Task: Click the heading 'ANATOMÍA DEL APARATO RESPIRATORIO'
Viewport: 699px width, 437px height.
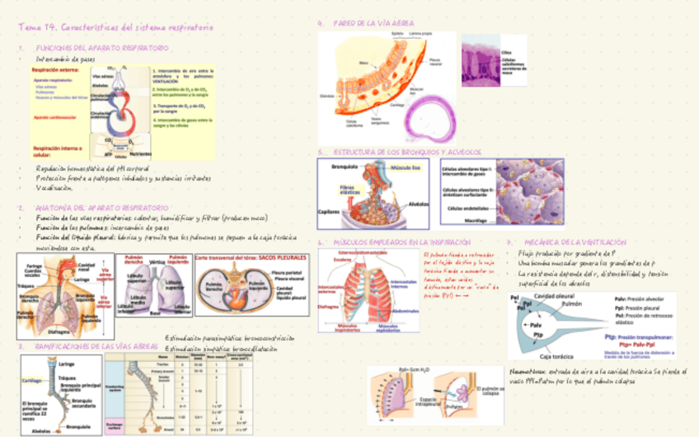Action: pyautogui.click(x=102, y=208)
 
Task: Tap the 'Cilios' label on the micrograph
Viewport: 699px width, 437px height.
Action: pyautogui.click(x=507, y=51)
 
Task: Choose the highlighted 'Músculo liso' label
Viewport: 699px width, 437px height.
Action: pyautogui.click(x=405, y=167)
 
